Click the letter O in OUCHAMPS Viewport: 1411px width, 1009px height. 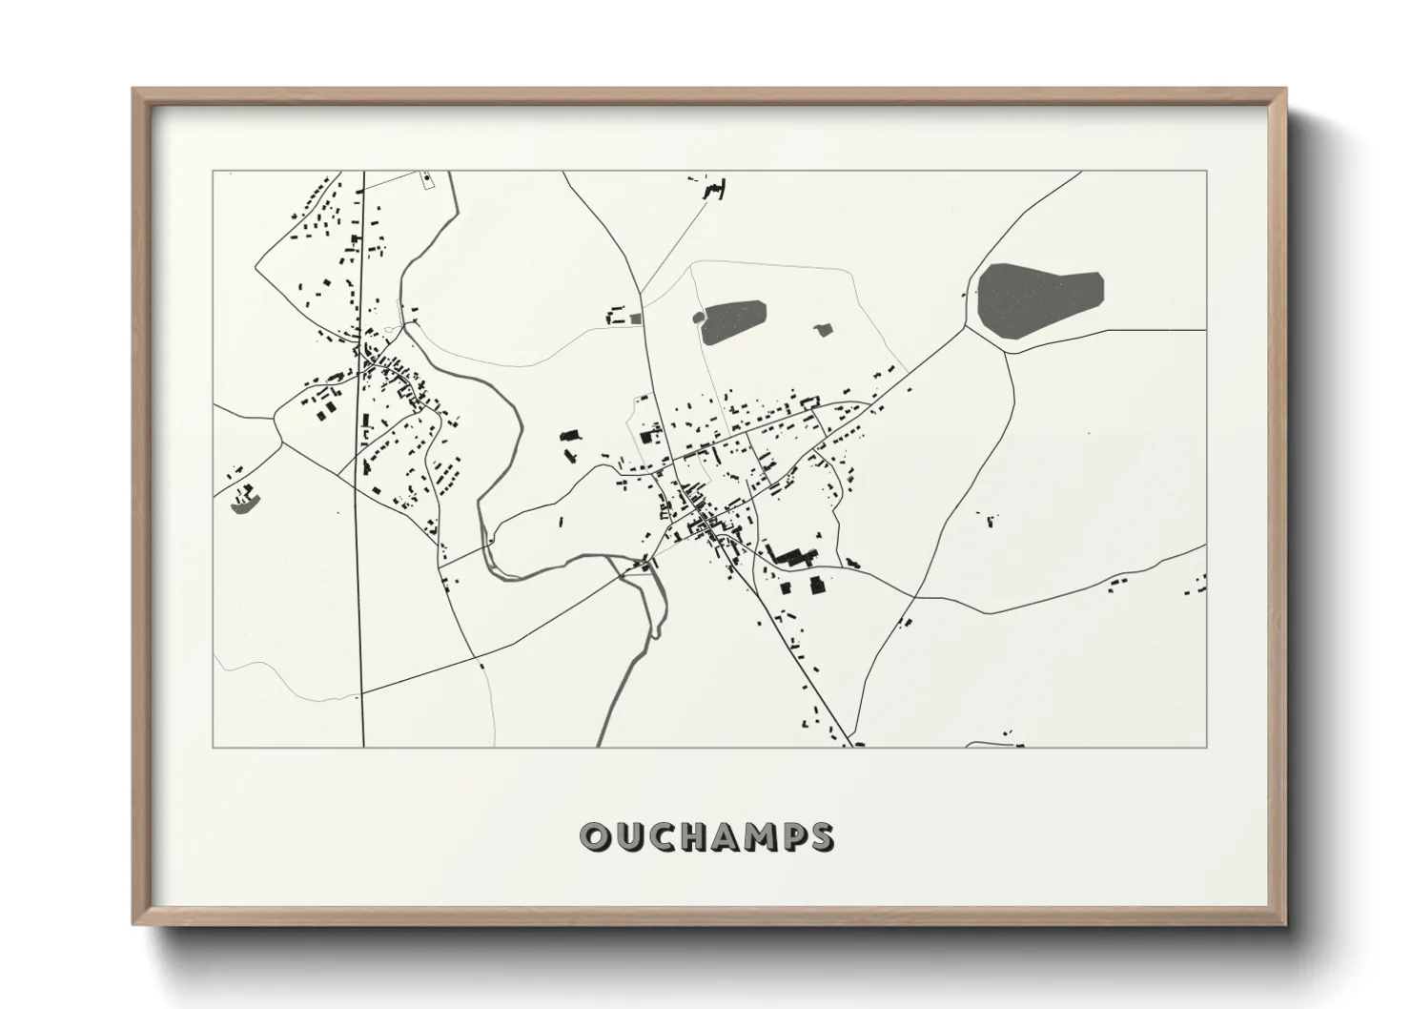click(x=596, y=836)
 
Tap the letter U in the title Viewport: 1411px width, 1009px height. click(x=629, y=836)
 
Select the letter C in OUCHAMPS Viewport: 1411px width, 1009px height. click(x=663, y=836)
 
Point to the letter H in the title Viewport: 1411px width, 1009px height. click(x=695, y=836)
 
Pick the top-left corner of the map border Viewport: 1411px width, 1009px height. click(x=213, y=172)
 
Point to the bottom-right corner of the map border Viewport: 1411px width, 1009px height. click(x=1206, y=747)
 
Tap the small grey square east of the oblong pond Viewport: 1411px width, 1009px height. click(x=823, y=330)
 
